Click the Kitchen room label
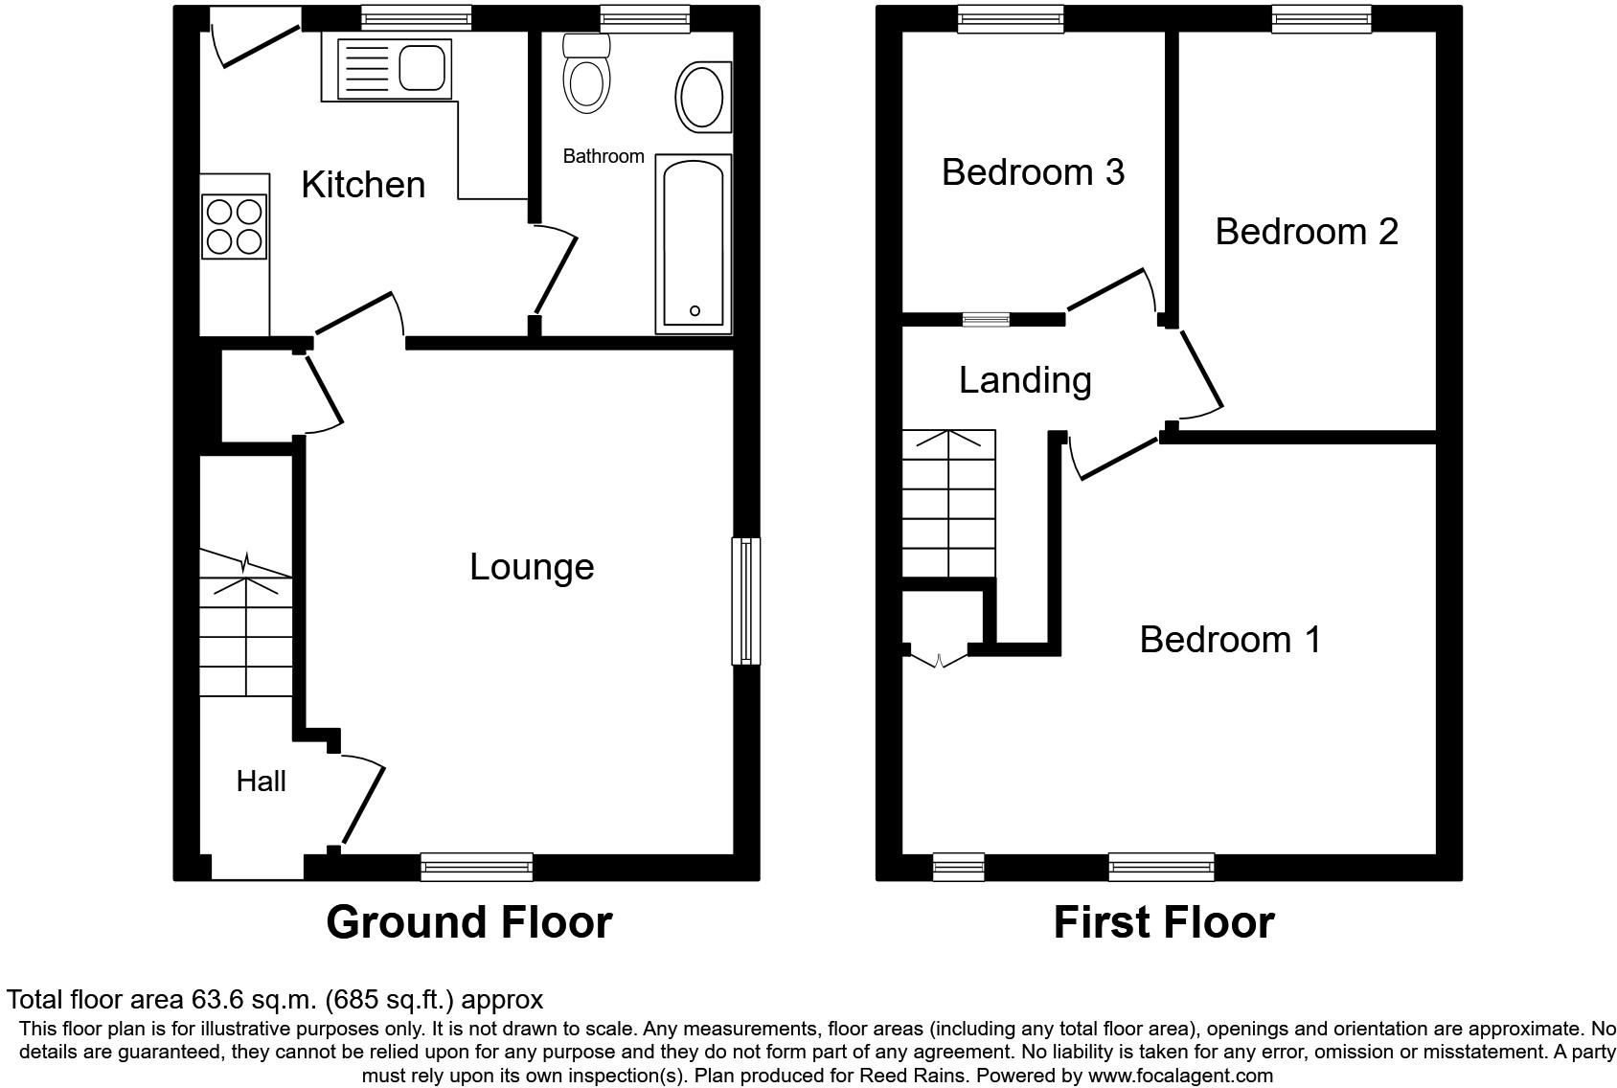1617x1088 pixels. pyautogui.click(x=363, y=184)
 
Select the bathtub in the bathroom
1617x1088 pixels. pyautogui.click(x=693, y=244)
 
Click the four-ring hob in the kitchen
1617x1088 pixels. pyautogui.click(x=234, y=226)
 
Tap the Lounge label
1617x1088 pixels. pyautogui.click(x=532, y=567)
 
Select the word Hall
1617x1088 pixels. pyautogui.click(x=261, y=782)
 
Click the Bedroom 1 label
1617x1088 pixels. pyautogui.click(x=1230, y=639)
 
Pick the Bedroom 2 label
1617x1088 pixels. pyautogui.click(x=1307, y=231)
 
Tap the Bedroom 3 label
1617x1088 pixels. pyautogui.click(x=1033, y=172)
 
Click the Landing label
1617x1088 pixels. pyautogui.click(x=1025, y=380)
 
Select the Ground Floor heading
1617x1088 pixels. pyautogui.click(x=468, y=922)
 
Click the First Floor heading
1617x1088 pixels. pyautogui.click(x=1164, y=922)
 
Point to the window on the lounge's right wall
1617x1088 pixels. pyautogui.click(x=745, y=601)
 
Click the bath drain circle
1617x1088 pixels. pyautogui.click(x=695, y=310)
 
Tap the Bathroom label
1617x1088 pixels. pyautogui.click(x=604, y=156)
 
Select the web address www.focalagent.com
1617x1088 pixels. pyautogui.click(x=1180, y=1076)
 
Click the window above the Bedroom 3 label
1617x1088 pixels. pyautogui.click(x=1012, y=18)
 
